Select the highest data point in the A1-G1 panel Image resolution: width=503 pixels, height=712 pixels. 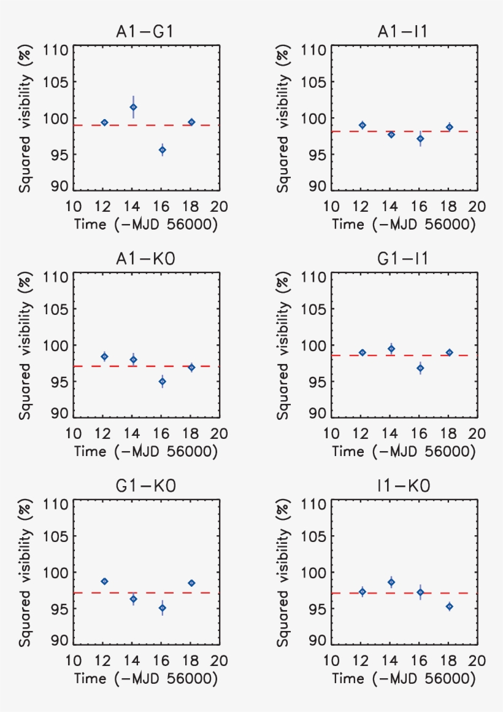[x=133, y=107]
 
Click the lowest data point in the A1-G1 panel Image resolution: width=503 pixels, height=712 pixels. [x=163, y=150]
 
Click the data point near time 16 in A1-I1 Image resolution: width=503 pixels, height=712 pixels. [x=420, y=139]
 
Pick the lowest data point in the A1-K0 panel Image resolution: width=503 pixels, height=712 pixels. [x=163, y=381]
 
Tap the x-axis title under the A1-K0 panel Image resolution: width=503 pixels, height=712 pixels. [x=146, y=452]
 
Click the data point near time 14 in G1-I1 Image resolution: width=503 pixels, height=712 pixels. [x=391, y=349]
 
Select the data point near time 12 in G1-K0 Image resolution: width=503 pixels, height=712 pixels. [x=104, y=581]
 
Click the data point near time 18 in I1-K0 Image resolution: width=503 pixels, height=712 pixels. [x=449, y=606]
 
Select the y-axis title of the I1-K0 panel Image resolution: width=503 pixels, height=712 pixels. [x=283, y=571]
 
